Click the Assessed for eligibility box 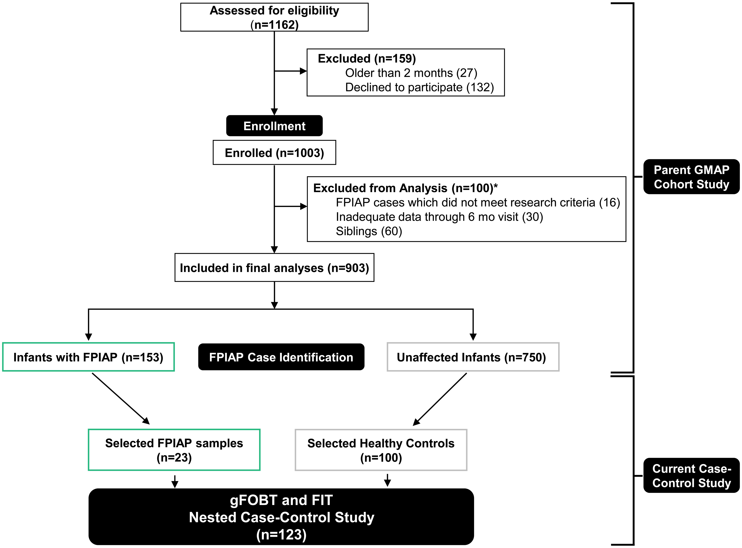(x=274, y=17)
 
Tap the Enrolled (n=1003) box (x=274, y=153)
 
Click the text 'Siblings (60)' (x=369, y=231)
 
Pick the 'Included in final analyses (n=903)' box (x=274, y=268)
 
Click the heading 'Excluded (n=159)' (x=366, y=58)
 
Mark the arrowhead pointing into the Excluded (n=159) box (x=303, y=71)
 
